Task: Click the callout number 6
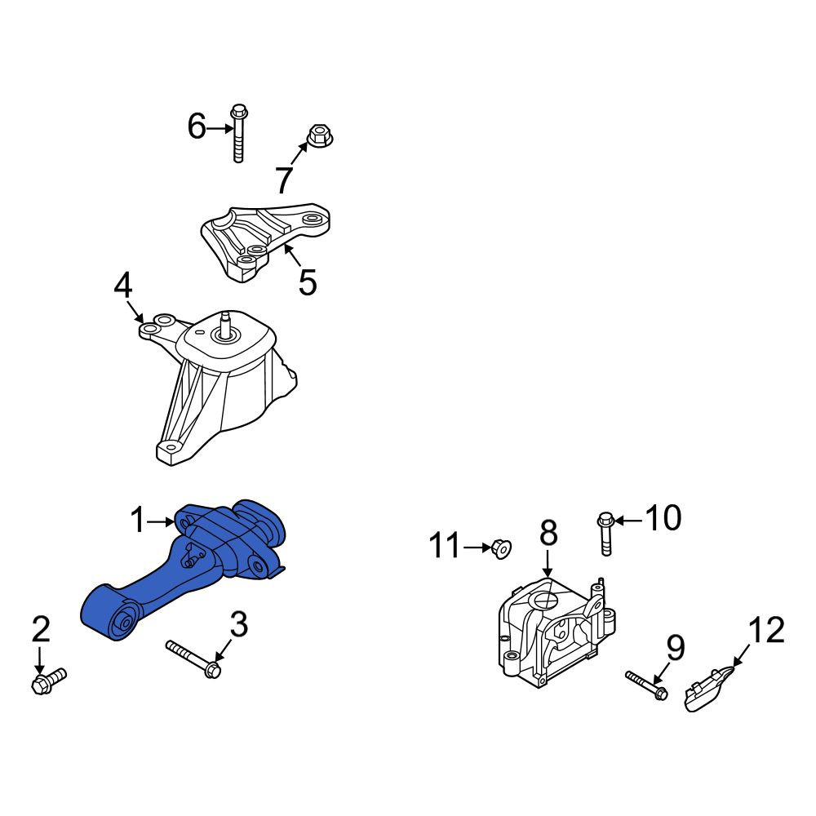pos(197,126)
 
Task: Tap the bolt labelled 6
pos(239,133)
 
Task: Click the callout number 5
pos(308,282)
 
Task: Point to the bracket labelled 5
pos(265,242)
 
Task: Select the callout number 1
pos(137,521)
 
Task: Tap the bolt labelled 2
pos(49,681)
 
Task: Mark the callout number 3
pos(239,624)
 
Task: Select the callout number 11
pos(445,546)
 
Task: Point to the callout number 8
pos(548,534)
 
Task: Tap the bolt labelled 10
pos(605,534)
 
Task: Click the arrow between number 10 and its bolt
pos(628,519)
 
